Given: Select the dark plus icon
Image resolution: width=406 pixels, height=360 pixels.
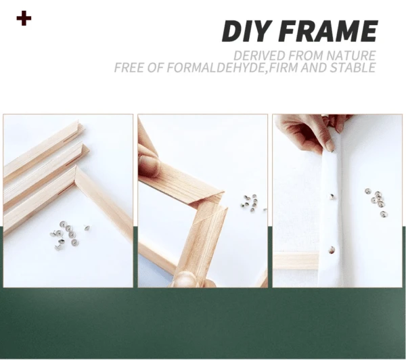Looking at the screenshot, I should coord(24,18).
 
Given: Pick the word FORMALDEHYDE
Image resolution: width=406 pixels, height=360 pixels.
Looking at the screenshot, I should coord(207,68).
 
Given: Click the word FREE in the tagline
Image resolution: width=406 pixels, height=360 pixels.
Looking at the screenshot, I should coord(131,68).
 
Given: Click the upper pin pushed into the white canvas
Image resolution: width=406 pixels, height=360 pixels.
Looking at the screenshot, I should coord(332,196).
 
